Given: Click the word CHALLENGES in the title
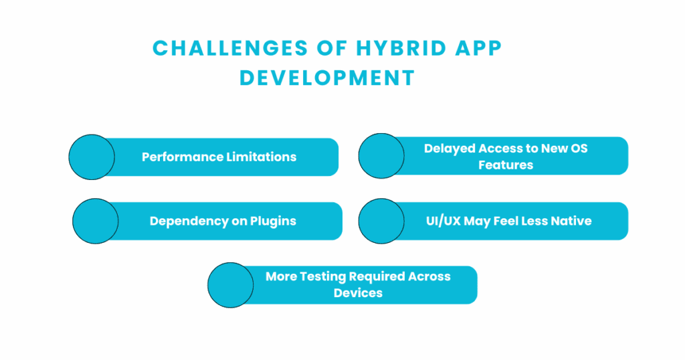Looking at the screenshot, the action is [x=230, y=48].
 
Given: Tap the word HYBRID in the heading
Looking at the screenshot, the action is [x=401, y=48].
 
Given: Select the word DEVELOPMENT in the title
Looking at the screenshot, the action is [x=327, y=78].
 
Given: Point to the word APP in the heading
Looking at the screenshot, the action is [x=478, y=48].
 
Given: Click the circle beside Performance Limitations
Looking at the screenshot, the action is [x=92, y=157].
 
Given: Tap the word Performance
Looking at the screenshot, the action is [x=179, y=157].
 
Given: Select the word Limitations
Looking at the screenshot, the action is [x=259, y=157].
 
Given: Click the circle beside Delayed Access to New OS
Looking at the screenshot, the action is [x=381, y=156].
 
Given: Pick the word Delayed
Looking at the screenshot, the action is [x=450, y=149].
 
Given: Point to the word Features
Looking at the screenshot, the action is [x=506, y=165].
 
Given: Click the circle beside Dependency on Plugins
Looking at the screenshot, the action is [x=95, y=221].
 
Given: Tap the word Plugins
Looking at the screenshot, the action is [x=273, y=221].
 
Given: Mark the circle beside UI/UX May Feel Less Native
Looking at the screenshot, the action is [x=381, y=221].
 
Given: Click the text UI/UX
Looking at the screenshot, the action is [x=444, y=221].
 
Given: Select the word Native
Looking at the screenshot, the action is [x=571, y=221].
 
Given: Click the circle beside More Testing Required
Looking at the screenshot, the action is [x=231, y=285].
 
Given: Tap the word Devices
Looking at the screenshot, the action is [x=359, y=292].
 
